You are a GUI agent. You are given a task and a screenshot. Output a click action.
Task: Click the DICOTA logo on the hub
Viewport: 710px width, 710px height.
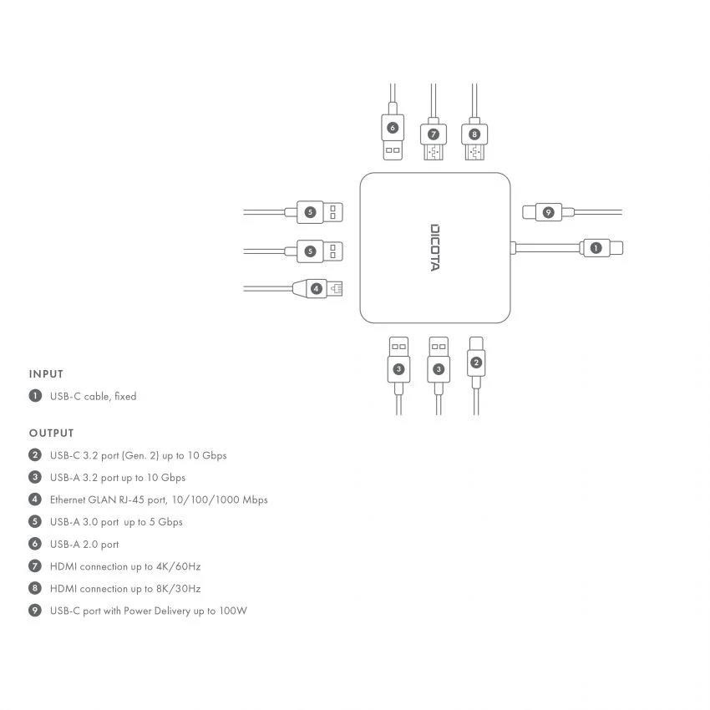(435, 247)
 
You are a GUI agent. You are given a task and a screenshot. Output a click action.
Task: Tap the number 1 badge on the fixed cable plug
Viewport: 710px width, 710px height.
(595, 247)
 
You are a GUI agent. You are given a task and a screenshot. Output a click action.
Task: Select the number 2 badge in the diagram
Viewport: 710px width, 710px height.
(475, 362)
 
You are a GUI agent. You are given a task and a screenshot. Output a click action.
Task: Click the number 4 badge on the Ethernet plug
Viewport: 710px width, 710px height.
(317, 288)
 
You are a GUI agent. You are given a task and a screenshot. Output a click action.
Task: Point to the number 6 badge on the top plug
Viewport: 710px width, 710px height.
(392, 128)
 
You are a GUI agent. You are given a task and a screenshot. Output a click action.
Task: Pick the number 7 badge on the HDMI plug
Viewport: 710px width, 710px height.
(433, 134)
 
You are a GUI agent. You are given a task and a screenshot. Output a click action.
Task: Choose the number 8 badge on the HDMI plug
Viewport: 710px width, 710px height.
(474, 134)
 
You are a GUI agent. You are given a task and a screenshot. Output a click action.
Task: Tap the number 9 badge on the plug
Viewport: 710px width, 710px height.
(548, 212)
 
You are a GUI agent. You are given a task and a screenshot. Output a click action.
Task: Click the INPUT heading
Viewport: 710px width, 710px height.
(46, 374)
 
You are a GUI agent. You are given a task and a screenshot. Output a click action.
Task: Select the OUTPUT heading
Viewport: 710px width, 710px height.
(52, 433)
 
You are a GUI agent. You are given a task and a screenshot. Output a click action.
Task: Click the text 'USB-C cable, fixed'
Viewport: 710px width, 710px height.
(93, 397)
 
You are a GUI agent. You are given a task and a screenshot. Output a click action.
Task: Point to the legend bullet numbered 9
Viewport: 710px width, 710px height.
(35, 611)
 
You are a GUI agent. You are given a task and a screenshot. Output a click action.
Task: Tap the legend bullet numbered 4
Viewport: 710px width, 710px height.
(35, 500)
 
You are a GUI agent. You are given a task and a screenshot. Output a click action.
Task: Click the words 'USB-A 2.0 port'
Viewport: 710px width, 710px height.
(84, 544)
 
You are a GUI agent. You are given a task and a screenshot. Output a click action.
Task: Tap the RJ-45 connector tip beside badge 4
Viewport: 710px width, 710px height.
(336, 288)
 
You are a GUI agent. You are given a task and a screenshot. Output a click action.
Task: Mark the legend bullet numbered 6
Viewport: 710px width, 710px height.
(35, 544)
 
